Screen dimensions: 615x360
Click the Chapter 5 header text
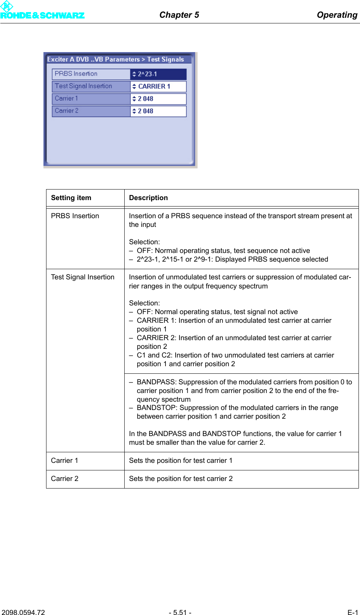(179, 15)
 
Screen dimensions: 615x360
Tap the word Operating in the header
(337, 15)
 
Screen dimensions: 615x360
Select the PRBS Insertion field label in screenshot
(76, 74)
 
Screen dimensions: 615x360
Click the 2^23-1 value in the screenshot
(147, 74)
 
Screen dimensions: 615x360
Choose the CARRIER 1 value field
(154, 86)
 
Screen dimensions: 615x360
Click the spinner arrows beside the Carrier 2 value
(134, 111)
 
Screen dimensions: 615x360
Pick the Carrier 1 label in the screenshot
(66, 99)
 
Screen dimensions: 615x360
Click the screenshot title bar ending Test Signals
(116, 59)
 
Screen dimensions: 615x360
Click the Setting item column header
(71, 198)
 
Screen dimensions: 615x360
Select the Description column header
(148, 198)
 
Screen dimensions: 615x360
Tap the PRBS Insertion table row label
(75, 216)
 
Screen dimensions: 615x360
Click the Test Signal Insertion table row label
(82, 277)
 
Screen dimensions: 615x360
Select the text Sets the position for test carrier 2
(181, 479)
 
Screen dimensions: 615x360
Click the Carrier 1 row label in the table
(64, 461)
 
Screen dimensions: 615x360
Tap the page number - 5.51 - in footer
(180, 612)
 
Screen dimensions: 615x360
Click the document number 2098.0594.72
(23, 612)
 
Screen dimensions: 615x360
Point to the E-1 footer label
(352, 612)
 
